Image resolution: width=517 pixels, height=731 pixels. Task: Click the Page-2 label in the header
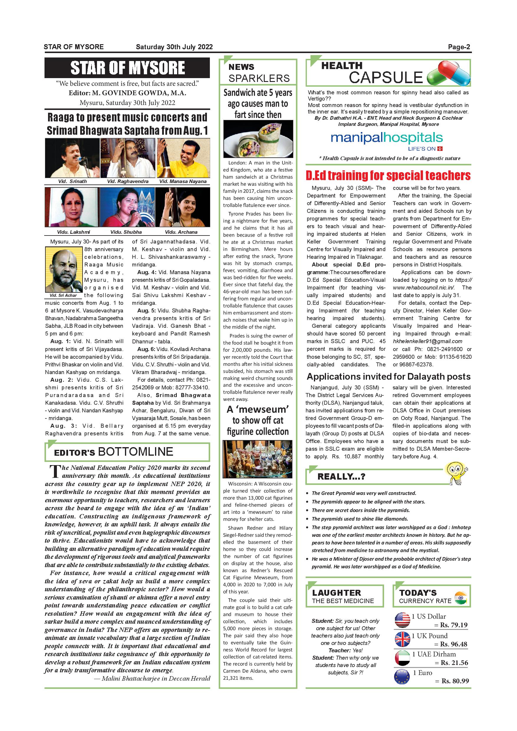[459, 47]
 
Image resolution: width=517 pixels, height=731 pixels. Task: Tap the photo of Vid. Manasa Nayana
[183, 158]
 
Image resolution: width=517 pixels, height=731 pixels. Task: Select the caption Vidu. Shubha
[126, 232]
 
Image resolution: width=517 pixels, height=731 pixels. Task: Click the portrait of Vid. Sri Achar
[64, 270]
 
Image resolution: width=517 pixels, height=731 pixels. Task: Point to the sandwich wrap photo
[258, 139]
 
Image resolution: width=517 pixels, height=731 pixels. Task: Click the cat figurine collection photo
[257, 459]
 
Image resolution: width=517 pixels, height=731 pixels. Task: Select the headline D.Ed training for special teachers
[388, 176]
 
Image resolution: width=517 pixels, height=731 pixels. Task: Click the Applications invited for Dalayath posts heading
[388, 377]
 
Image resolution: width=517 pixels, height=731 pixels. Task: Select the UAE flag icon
[402, 658]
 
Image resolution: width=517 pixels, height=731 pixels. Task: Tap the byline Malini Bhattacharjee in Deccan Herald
[152, 679]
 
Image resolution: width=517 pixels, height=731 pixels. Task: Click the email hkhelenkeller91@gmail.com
[427, 341]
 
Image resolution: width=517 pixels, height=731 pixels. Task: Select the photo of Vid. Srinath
[73, 158]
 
